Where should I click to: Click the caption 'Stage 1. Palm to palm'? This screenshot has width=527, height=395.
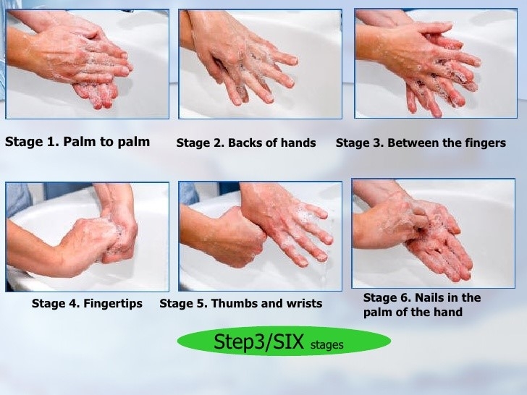[77, 142]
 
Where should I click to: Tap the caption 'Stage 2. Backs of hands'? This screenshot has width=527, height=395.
[246, 143]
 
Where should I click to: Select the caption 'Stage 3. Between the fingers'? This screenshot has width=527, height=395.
[421, 143]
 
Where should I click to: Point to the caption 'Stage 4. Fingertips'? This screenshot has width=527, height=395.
[87, 303]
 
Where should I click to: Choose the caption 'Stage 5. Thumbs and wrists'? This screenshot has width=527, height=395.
[241, 303]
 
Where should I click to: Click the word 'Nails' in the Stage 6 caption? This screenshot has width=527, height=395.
[429, 297]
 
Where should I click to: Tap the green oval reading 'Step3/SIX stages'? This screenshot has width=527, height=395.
[284, 341]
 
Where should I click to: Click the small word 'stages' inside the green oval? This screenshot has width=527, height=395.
[326, 345]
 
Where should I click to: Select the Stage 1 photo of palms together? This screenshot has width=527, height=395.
[87, 64]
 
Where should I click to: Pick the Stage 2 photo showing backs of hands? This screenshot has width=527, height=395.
[260, 64]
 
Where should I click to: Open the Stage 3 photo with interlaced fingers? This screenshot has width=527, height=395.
[436, 64]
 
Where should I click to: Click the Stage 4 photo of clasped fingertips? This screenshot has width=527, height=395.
[87, 237]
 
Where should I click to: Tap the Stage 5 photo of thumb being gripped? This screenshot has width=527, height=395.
[260, 236]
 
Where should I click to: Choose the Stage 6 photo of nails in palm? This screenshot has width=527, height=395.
[433, 234]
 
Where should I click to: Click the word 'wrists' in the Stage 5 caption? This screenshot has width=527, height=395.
[305, 303]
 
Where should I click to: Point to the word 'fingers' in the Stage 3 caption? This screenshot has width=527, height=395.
[486, 143]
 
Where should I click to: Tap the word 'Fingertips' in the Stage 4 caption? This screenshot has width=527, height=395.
[113, 304]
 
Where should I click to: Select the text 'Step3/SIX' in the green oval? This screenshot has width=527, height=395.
[259, 341]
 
